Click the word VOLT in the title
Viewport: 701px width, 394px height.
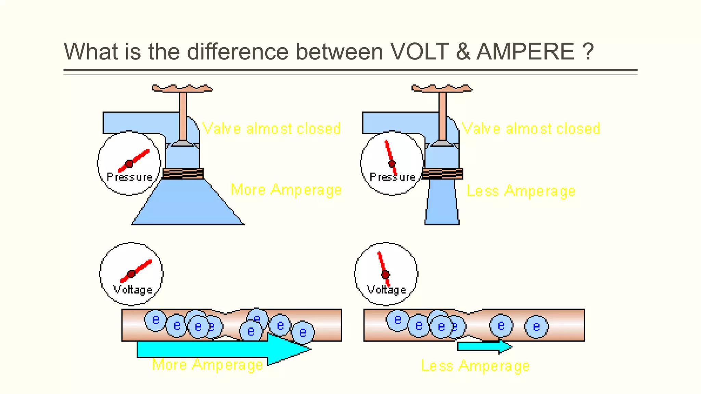[x=419, y=52]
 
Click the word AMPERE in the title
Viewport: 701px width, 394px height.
[x=525, y=52]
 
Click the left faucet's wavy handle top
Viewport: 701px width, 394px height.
[x=182, y=88]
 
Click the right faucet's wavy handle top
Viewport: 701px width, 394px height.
[x=442, y=88]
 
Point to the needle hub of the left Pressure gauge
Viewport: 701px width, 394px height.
[x=129, y=164]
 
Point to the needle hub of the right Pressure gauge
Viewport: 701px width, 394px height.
[x=392, y=164]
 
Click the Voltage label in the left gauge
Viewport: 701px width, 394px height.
[x=133, y=290]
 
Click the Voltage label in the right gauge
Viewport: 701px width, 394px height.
[x=386, y=290]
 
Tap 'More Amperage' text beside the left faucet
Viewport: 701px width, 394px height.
[x=286, y=190]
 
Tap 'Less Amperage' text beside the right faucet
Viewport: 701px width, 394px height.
[x=521, y=191]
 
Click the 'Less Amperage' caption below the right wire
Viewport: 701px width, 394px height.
[x=475, y=366]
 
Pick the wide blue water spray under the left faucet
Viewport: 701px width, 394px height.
[x=188, y=205]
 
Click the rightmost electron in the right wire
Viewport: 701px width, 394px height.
[x=536, y=327]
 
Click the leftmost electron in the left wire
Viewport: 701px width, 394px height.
[x=155, y=320]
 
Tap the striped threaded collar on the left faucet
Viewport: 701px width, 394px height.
[x=183, y=173]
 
